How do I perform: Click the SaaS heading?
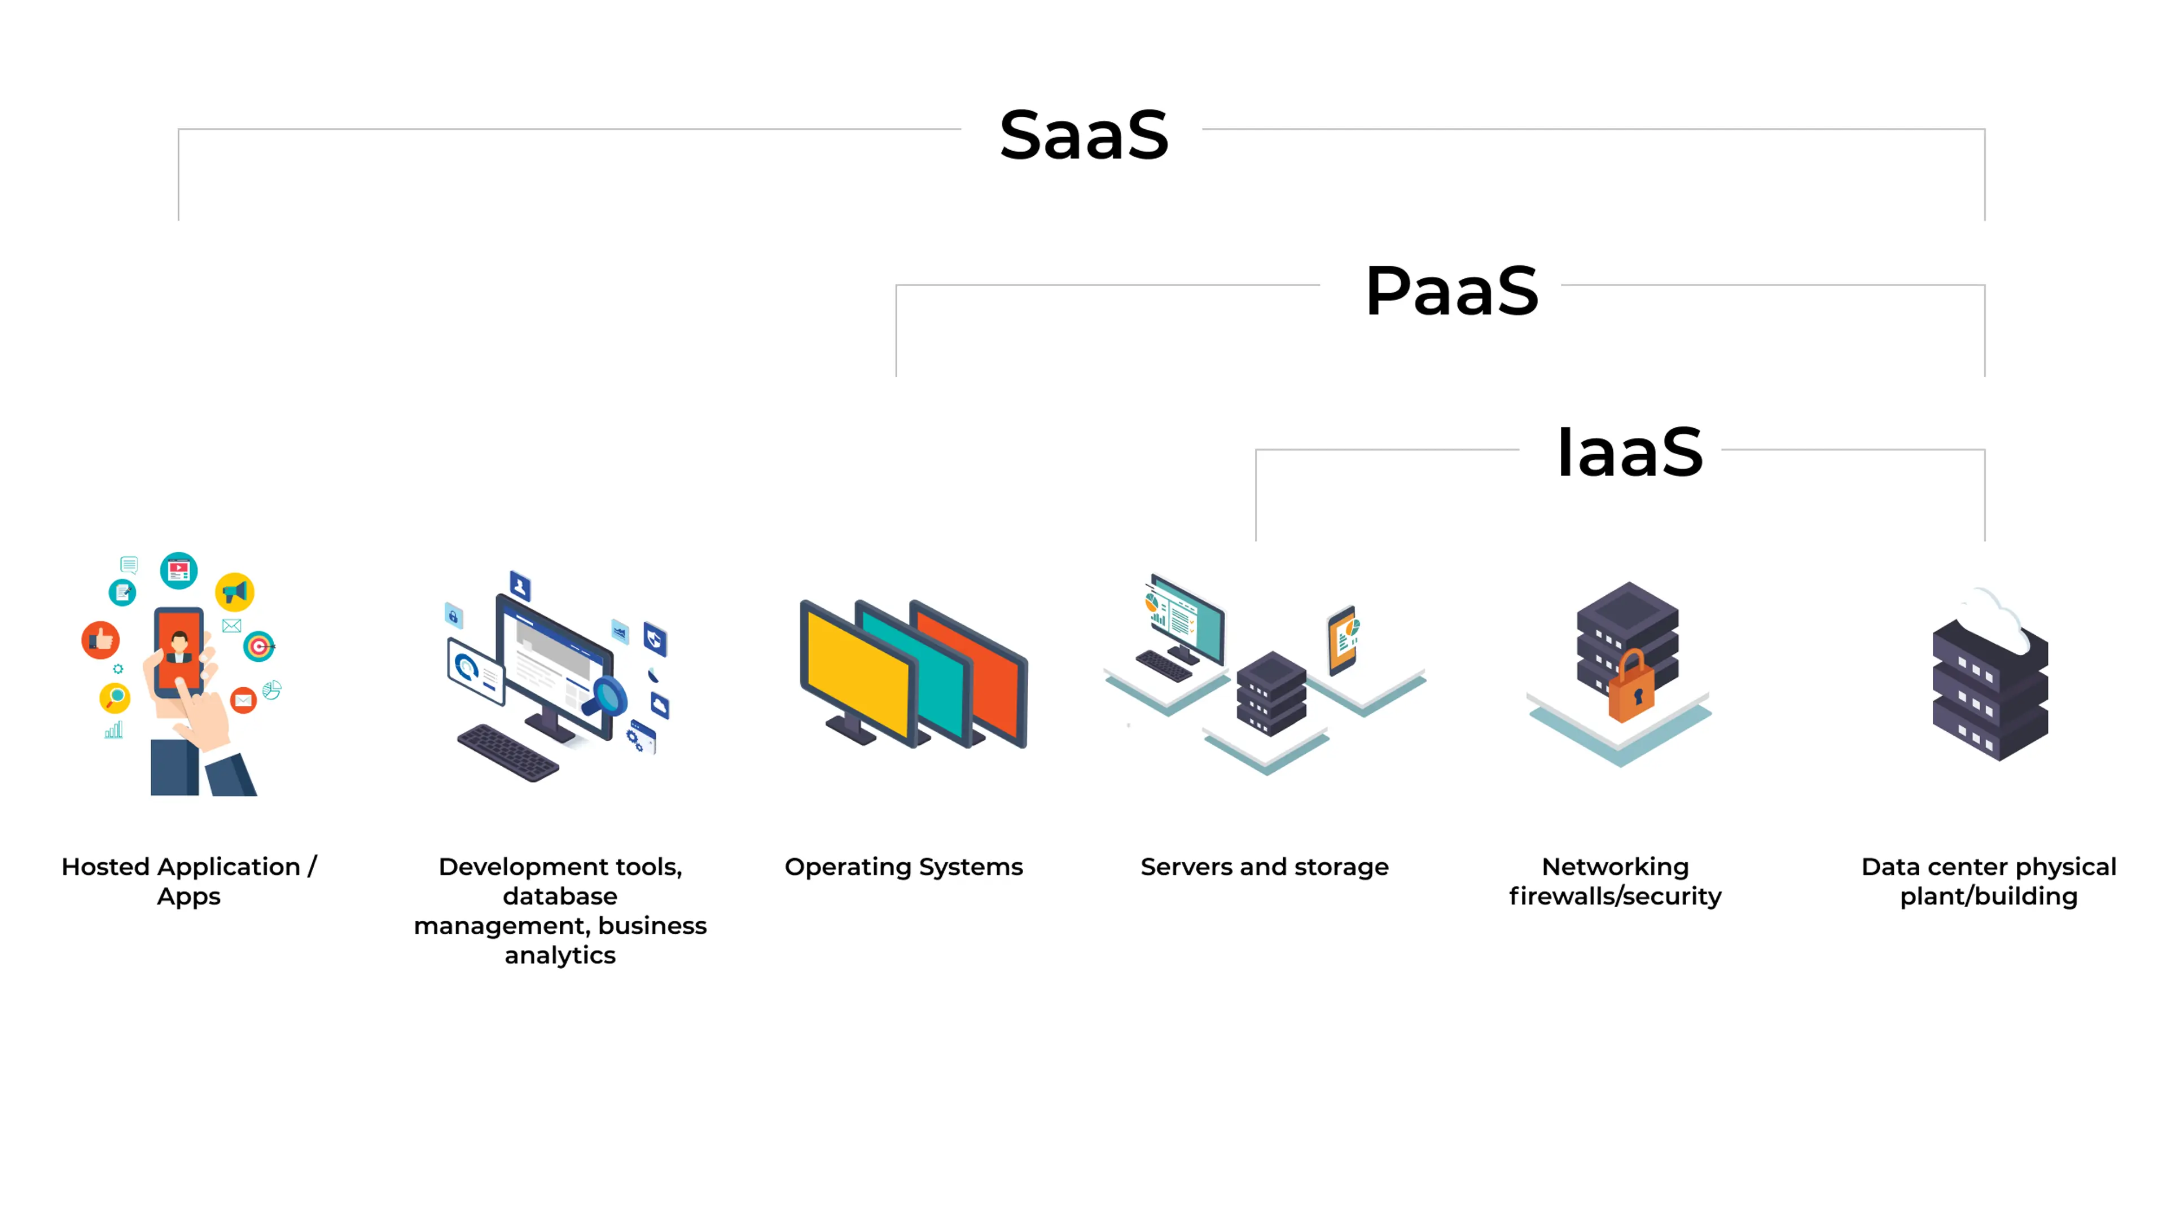pyautogui.click(x=1083, y=135)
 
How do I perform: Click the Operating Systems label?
pyautogui.click(x=903, y=867)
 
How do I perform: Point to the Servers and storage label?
pyautogui.click(x=1264, y=867)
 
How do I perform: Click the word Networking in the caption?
pyautogui.click(x=1615, y=867)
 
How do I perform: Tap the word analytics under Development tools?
pyautogui.click(x=560, y=956)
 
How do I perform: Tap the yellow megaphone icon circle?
pyautogui.click(x=235, y=592)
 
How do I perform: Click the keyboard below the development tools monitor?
pyautogui.click(x=508, y=752)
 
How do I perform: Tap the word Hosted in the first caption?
pyautogui.click(x=106, y=867)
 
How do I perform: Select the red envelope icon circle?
pyautogui.click(x=243, y=700)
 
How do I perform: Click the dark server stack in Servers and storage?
pyautogui.click(x=1271, y=693)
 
